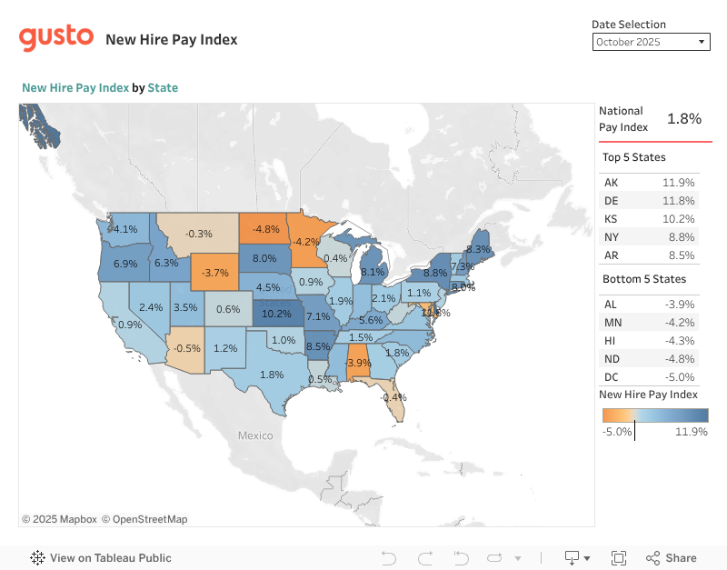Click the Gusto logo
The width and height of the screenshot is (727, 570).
[x=56, y=37]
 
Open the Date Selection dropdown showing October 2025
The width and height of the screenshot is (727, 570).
[x=651, y=42]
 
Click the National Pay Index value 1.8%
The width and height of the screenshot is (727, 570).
[x=684, y=119]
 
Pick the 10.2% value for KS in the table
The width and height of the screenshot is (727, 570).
[x=678, y=219]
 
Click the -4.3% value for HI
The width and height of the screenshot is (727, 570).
[x=679, y=341]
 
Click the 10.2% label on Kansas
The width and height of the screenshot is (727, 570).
[x=276, y=315]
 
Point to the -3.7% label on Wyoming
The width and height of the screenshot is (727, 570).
[x=215, y=272]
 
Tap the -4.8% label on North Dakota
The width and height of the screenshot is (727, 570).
[x=265, y=228]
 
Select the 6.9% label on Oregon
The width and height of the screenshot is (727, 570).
[x=124, y=264]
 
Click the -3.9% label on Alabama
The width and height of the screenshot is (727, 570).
[x=358, y=363]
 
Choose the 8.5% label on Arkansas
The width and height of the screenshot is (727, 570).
[x=318, y=346]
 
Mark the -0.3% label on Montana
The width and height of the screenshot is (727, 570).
[x=198, y=234]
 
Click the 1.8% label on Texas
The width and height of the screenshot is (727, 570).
[x=272, y=374]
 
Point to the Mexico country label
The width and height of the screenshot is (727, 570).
[x=255, y=435]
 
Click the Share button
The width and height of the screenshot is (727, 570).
[x=672, y=558]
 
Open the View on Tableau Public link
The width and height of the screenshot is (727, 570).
[x=101, y=558]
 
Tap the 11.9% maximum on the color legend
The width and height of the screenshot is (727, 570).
[x=692, y=432]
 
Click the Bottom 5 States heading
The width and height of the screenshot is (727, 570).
[x=644, y=279]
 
